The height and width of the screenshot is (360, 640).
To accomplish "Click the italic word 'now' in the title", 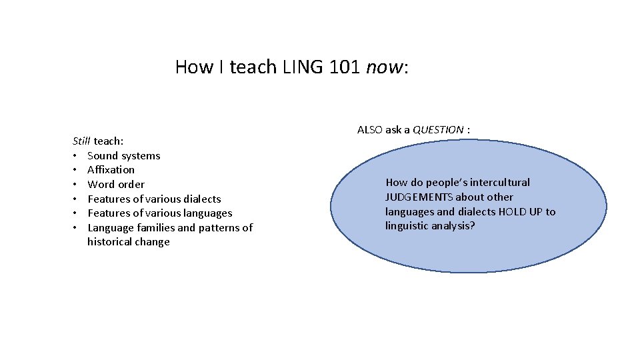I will tap(385, 67).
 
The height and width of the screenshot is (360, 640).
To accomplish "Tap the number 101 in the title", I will tap(345, 67).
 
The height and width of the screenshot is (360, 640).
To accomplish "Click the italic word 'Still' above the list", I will tap(81, 141).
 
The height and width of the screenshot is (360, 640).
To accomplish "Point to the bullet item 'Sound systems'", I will tap(123, 155).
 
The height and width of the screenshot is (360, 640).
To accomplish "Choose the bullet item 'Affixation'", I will tap(111, 169).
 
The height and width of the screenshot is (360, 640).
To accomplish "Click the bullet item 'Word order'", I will tap(115, 184).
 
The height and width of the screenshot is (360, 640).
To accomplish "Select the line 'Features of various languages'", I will tap(159, 213).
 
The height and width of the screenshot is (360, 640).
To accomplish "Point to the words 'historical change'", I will tap(128, 241).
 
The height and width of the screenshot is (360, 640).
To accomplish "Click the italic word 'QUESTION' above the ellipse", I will tap(438, 129).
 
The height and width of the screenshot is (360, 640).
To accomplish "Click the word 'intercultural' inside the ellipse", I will tap(498, 182).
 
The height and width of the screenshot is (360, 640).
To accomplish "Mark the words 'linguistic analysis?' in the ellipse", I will tap(430, 226).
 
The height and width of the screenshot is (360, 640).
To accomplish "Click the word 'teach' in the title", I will tap(252, 67).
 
